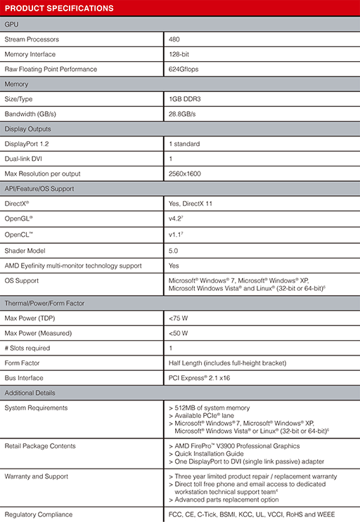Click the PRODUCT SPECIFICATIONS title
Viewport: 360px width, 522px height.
click(x=59, y=8)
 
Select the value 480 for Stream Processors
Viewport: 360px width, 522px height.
click(x=175, y=39)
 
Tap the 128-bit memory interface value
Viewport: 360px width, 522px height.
click(x=180, y=54)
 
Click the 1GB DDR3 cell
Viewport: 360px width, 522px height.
click(x=186, y=99)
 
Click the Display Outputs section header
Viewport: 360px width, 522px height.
click(x=27, y=129)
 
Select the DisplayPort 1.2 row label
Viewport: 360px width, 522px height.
click(x=27, y=143)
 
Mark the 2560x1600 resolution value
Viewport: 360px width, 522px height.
click(x=184, y=173)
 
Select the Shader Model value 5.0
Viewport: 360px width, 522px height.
click(x=174, y=250)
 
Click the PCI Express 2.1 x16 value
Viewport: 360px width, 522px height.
click(x=200, y=378)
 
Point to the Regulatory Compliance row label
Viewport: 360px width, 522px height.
click(x=38, y=514)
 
